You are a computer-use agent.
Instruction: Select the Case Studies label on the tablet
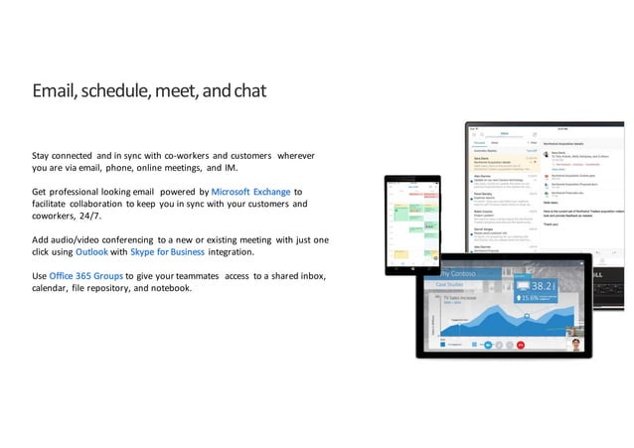tap(455, 284)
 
